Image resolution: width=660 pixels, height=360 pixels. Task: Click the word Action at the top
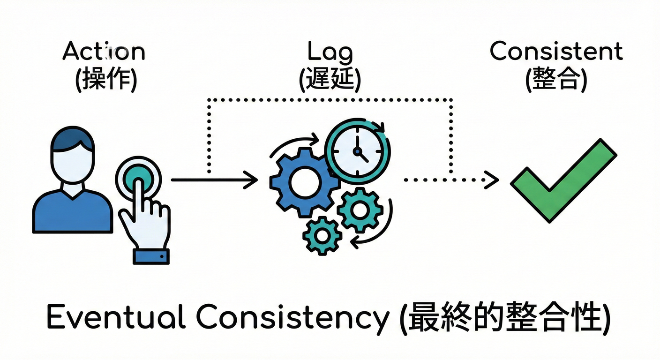[x=104, y=51]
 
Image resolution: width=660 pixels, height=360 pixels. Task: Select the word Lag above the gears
[x=330, y=52]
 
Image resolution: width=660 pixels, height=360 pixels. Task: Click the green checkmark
[x=562, y=180]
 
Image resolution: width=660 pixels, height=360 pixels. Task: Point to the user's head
[x=73, y=155]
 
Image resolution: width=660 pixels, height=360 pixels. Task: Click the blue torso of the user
[x=73, y=211]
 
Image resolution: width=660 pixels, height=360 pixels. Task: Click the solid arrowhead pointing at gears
[x=253, y=180]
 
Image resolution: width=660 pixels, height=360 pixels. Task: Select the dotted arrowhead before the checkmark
[x=492, y=180]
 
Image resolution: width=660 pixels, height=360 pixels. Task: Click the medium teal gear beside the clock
[x=360, y=210]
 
